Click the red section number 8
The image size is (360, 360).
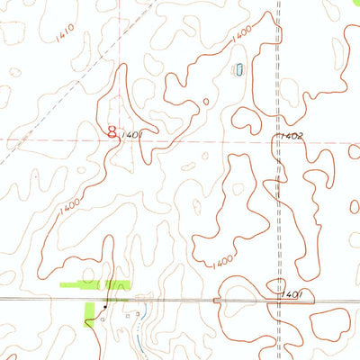click(x=112, y=132)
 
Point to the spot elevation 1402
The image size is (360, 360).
click(x=292, y=135)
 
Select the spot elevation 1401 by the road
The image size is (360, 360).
click(x=291, y=293)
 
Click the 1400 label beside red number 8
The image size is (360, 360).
click(x=133, y=135)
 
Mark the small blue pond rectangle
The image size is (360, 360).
click(x=239, y=70)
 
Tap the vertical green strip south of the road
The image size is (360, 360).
click(x=89, y=310)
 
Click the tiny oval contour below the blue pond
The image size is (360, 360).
click(x=206, y=102)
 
